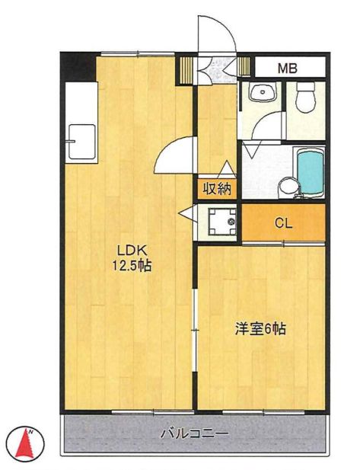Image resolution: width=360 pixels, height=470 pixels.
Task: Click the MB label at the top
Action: [x=287, y=68]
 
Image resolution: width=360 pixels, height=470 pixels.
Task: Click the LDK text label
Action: [x=130, y=249]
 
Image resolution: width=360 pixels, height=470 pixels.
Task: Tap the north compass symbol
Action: [x=24, y=443]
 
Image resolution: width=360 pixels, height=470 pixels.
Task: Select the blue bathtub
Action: [x=309, y=171]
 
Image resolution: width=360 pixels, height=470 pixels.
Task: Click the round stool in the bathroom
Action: [x=286, y=187]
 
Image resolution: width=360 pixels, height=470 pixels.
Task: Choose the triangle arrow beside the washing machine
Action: [x=186, y=215]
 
